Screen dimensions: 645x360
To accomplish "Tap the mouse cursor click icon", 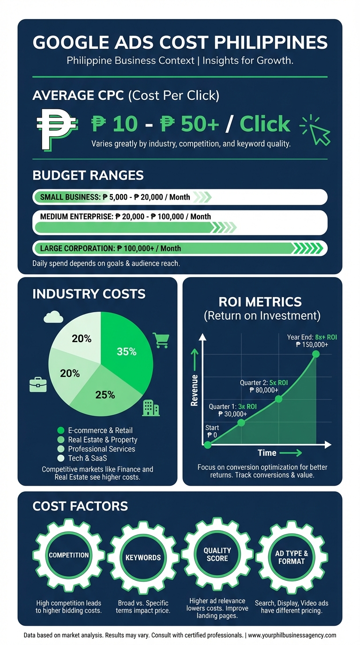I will coord(315,129).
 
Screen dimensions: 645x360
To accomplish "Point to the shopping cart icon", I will coord(161,340).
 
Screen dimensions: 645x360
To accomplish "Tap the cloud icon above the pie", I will coord(53,318).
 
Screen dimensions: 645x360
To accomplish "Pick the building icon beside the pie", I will coord(150,408).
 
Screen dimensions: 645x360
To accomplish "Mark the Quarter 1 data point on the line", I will coord(241,422).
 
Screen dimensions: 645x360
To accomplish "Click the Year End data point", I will coord(316,353).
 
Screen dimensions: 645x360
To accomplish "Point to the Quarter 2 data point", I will coord(279,399).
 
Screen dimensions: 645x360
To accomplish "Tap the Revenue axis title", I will coord(194,390).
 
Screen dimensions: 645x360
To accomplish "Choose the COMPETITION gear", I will coord(69,555).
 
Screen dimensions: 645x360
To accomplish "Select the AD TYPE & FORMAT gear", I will coord(291,557).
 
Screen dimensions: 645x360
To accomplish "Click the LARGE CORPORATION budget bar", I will coord(180,248).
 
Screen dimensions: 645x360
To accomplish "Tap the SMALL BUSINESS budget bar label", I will coord(115,197).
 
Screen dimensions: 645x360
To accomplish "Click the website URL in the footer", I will coord(292,635).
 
